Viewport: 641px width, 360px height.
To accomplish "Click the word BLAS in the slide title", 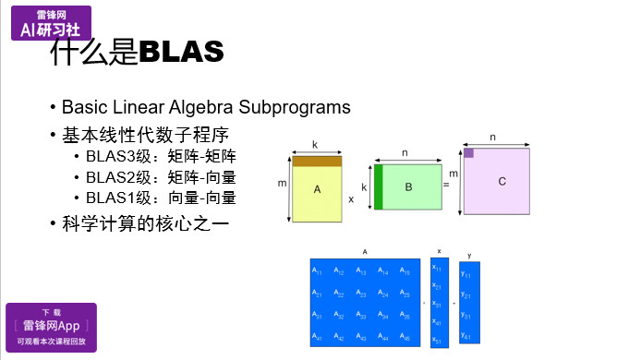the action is [x=181, y=52].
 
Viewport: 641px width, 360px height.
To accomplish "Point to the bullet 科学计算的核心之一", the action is [x=141, y=223].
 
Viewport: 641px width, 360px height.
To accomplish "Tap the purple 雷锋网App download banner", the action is [x=51, y=327].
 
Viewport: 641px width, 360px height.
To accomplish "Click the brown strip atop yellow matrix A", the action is [x=316, y=162].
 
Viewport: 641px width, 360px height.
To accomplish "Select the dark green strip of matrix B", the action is [x=378, y=187].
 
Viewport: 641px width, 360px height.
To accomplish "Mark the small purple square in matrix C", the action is [x=469, y=153].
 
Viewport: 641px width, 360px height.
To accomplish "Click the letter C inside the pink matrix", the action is [x=502, y=182].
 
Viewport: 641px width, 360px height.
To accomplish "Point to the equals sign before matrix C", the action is [x=446, y=186].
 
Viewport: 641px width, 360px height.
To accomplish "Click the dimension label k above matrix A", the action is [x=315, y=145].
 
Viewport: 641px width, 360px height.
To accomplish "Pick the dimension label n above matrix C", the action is [x=492, y=137].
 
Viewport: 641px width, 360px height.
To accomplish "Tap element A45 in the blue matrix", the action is [x=405, y=338].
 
